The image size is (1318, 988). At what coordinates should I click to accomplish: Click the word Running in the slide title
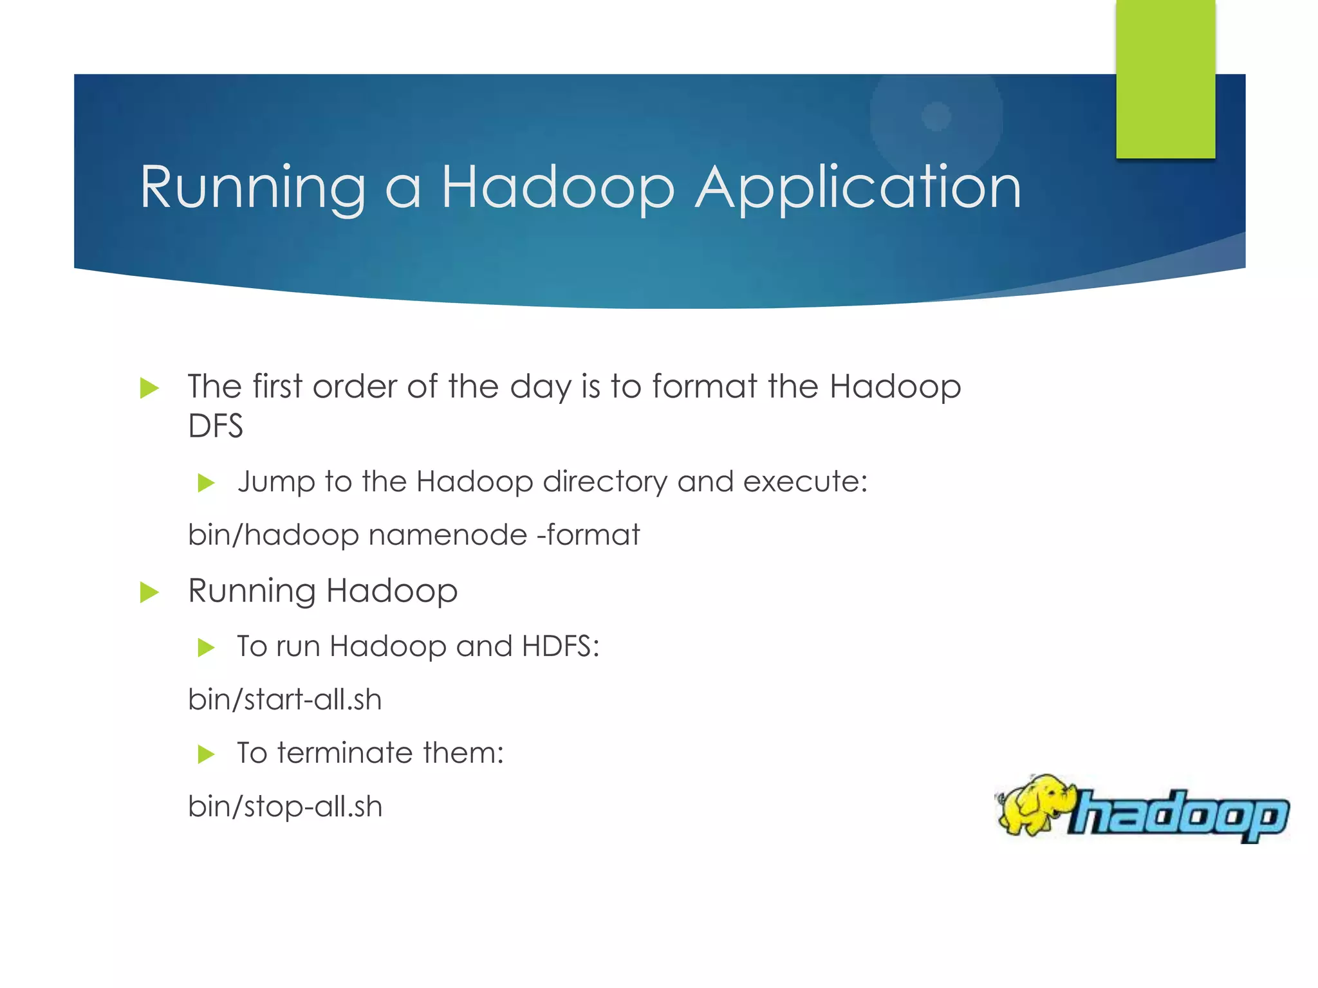click(252, 188)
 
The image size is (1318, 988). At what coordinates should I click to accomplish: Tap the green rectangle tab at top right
click(1165, 78)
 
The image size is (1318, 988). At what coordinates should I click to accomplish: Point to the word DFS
click(215, 426)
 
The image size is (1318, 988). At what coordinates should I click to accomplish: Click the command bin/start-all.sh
click(284, 699)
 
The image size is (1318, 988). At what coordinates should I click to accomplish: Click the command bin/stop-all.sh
click(284, 806)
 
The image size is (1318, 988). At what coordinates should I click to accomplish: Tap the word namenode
click(448, 535)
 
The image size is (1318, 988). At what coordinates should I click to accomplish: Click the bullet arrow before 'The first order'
click(149, 388)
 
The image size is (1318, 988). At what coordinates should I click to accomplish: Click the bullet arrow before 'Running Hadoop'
click(149, 592)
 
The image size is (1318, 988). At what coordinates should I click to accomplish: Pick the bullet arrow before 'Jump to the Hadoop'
click(206, 482)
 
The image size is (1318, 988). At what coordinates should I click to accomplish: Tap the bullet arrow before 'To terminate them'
click(206, 753)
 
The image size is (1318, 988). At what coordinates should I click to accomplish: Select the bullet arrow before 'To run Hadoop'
click(206, 647)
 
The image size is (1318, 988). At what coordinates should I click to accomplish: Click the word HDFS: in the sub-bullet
click(561, 646)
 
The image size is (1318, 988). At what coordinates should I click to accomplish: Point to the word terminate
click(350, 753)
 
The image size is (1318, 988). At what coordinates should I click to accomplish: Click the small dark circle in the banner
click(936, 116)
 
